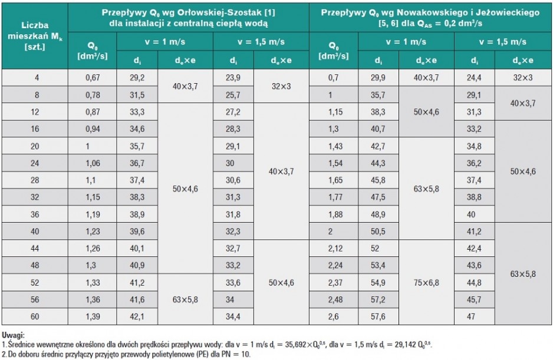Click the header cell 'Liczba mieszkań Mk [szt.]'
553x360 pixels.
[x=35, y=36]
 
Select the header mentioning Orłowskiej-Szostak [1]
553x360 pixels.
[x=188, y=18]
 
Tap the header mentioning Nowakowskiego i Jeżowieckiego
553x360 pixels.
[x=430, y=18]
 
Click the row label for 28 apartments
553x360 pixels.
[x=35, y=180]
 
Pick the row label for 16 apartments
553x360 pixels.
[x=35, y=129]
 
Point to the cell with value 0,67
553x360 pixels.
[x=93, y=78]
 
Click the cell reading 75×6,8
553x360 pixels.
[x=426, y=282]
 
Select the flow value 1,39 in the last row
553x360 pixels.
[x=93, y=316]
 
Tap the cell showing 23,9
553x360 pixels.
[x=233, y=78]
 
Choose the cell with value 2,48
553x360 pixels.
[x=334, y=300]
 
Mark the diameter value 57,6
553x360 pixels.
[x=378, y=316]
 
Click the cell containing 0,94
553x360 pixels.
[x=93, y=129]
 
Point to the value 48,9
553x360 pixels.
[x=378, y=214]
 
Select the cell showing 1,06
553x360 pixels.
[x=93, y=163]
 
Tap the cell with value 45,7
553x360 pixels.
[x=474, y=300]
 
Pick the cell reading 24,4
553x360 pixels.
[x=474, y=78]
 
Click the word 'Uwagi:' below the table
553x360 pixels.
[x=13, y=335]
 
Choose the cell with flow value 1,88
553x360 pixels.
[x=334, y=214]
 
